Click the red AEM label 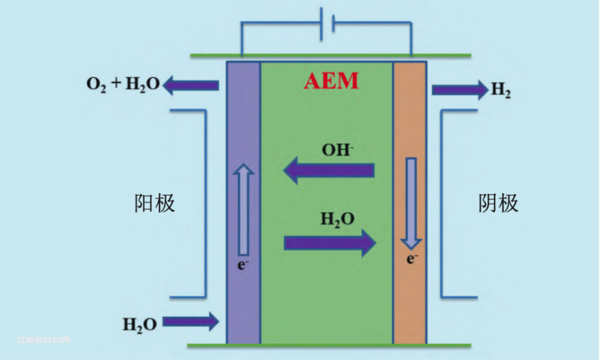pyautogui.click(x=331, y=81)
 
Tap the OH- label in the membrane pyautogui.click(x=338, y=150)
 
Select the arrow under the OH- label pyautogui.click(x=328, y=171)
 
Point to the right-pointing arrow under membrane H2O pyautogui.click(x=330, y=242)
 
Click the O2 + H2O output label pyautogui.click(x=123, y=84)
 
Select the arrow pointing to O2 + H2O pyautogui.click(x=191, y=86)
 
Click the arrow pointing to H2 pyautogui.click(x=459, y=90)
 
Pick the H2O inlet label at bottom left pyautogui.click(x=140, y=324)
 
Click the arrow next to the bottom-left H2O pyautogui.click(x=191, y=322)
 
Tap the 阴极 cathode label pyautogui.click(x=498, y=203)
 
